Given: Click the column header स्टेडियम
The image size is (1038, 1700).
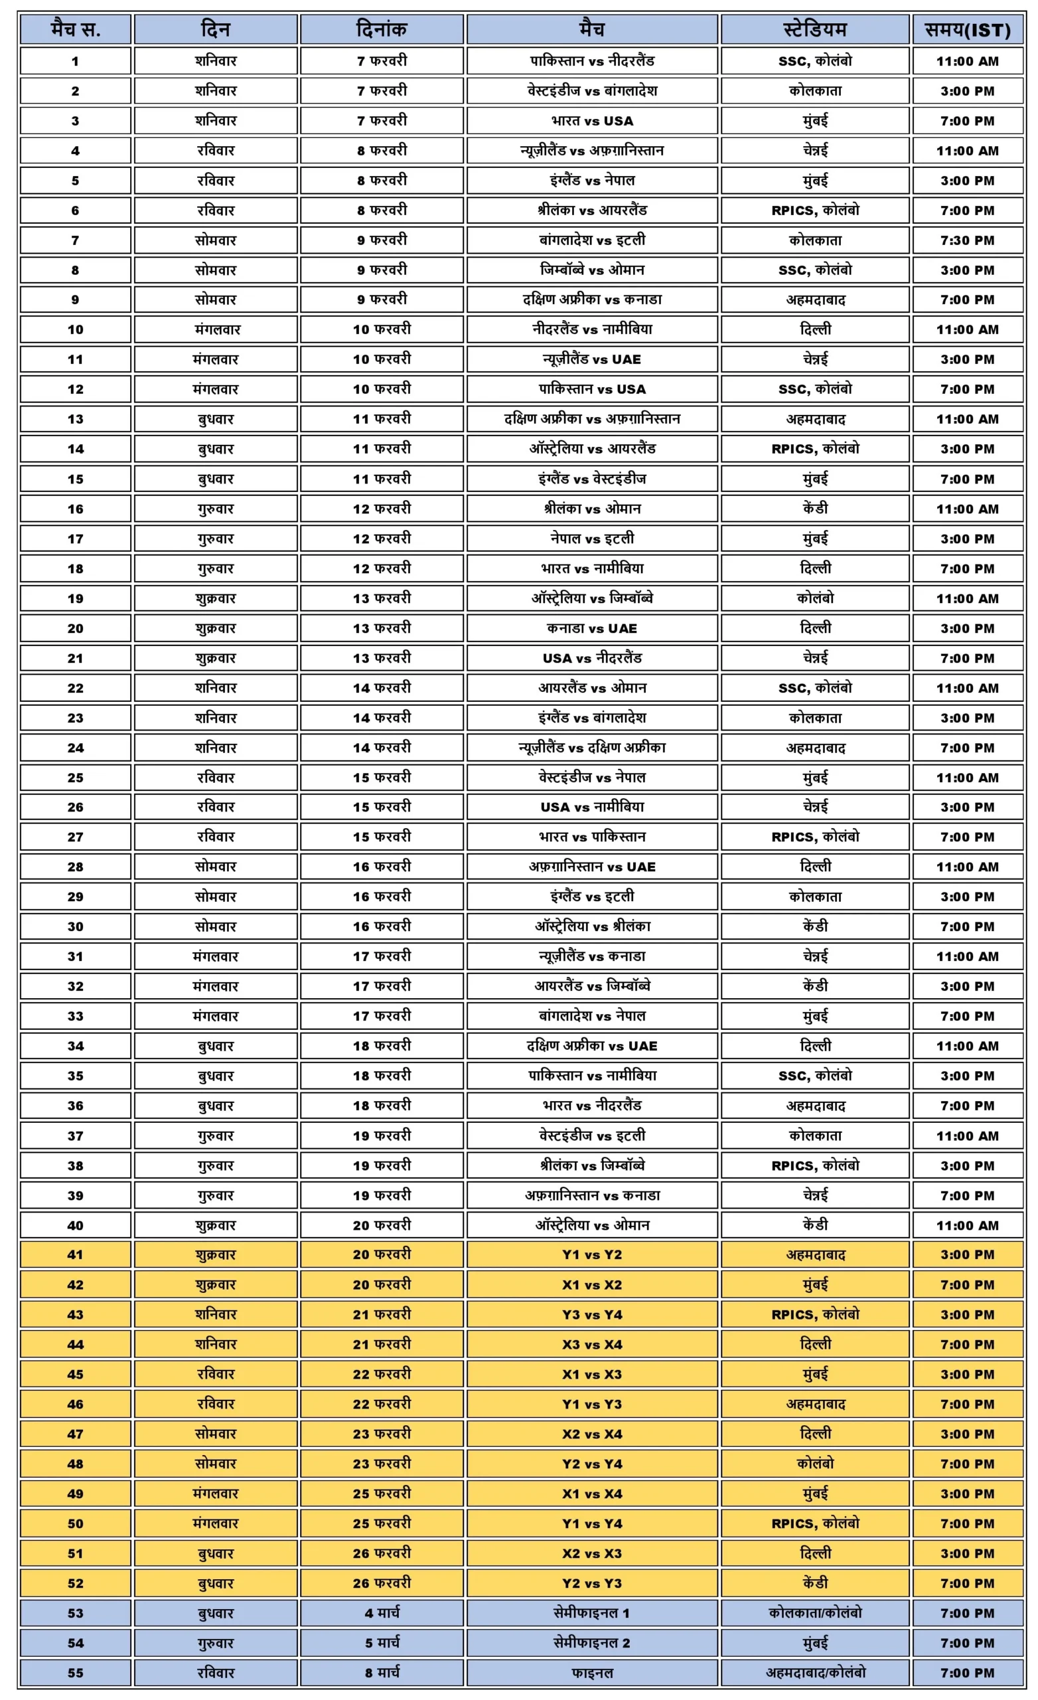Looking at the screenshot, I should [814, 30].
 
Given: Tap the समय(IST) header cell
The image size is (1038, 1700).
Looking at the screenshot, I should [967, 30].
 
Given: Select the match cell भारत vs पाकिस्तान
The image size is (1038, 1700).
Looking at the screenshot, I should [592, 837].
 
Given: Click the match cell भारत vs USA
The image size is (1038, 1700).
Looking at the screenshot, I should [592, 121].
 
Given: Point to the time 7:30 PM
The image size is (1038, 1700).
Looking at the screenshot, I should [967, 240].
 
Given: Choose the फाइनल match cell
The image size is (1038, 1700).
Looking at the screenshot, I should [592, 1672].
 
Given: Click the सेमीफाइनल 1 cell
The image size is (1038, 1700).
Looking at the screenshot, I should [592, 1613].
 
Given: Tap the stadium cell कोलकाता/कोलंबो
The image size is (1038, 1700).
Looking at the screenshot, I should [814, 1613].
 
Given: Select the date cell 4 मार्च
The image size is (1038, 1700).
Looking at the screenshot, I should [382, 1613].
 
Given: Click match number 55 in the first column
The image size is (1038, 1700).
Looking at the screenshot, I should [75, 1672].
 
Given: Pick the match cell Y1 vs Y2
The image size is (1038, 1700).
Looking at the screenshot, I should [592, 1255].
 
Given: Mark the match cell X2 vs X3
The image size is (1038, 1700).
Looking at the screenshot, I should [592, 1553].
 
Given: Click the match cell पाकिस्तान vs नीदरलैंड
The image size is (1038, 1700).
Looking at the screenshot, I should [592, 60].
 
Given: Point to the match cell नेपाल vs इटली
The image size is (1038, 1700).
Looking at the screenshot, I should [592, 539].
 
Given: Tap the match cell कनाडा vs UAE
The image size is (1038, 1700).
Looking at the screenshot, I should [592, 628].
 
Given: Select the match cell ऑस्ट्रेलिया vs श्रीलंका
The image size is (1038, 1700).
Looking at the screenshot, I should [592, 926].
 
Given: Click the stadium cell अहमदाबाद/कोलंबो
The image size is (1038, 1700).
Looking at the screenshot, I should [814, 1672].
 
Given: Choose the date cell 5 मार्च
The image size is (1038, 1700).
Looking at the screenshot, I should [382, 1643].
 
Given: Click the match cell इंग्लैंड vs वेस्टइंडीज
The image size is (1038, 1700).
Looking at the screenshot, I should [592, 479].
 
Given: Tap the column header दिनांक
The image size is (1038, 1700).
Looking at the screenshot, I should [382, 30].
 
